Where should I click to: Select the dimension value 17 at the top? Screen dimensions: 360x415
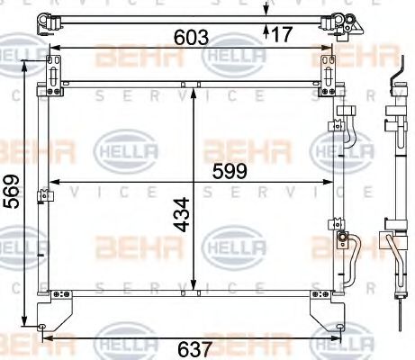coord(282,34)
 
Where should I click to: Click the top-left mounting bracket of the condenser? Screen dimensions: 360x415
coord(56,71)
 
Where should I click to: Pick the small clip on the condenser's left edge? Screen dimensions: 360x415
coord(41,196)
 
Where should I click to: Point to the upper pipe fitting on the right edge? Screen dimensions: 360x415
coord(345,131)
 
